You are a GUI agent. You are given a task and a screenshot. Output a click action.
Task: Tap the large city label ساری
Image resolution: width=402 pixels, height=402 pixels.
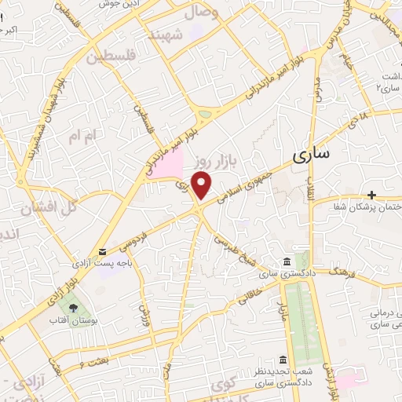click(311, 155)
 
